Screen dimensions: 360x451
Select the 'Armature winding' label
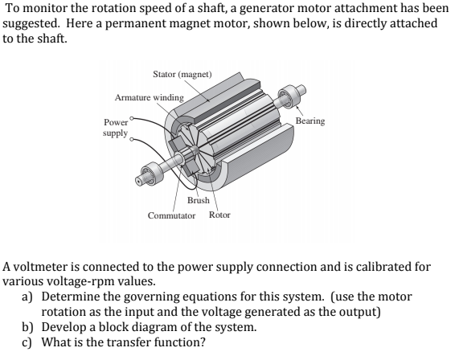point(149,96)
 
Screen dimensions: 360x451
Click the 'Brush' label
point(198,199)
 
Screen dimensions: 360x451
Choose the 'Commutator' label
point(172,215)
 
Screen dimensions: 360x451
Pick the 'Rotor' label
point(219,215)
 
